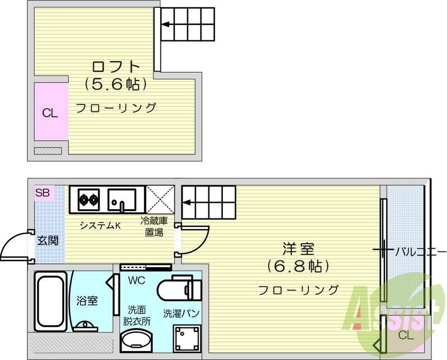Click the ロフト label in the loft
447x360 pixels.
point(116,67)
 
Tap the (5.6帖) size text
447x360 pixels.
point(116,84)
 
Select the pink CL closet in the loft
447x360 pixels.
point(51,112)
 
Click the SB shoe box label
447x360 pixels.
point(42,193)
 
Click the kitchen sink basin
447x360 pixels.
point(122,200)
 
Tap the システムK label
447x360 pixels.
point(101,226)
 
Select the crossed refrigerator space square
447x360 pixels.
point(160,200)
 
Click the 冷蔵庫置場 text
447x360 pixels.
point(154,226)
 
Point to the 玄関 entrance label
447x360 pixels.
point(47,241)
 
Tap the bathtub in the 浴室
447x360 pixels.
point(51,301)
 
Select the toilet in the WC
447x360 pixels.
point(179,287)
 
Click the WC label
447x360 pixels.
point(136,281)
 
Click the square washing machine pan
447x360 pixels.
point(187,338)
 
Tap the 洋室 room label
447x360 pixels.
point(298,249)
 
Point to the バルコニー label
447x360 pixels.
point(420,252)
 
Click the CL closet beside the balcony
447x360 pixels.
point(406,335)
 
